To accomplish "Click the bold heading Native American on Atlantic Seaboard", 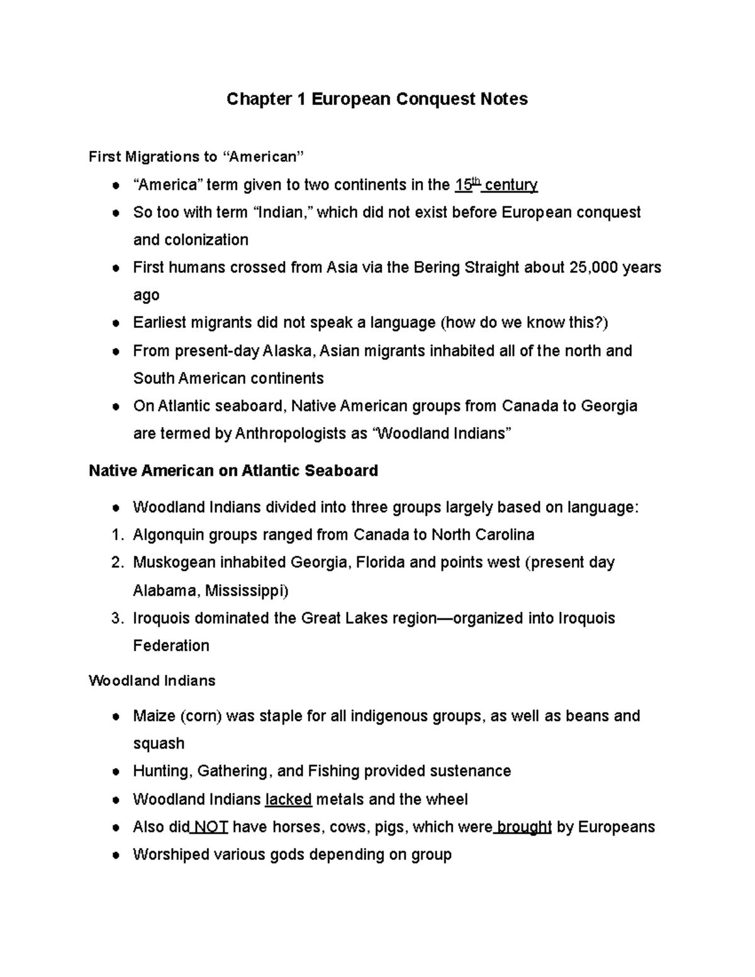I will (233, 471).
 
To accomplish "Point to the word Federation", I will (171, 645).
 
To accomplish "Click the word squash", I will (159, 744).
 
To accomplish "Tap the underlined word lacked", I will (289, 800).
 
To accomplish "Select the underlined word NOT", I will (211, 827).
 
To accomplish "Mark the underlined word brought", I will (524, 827).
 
